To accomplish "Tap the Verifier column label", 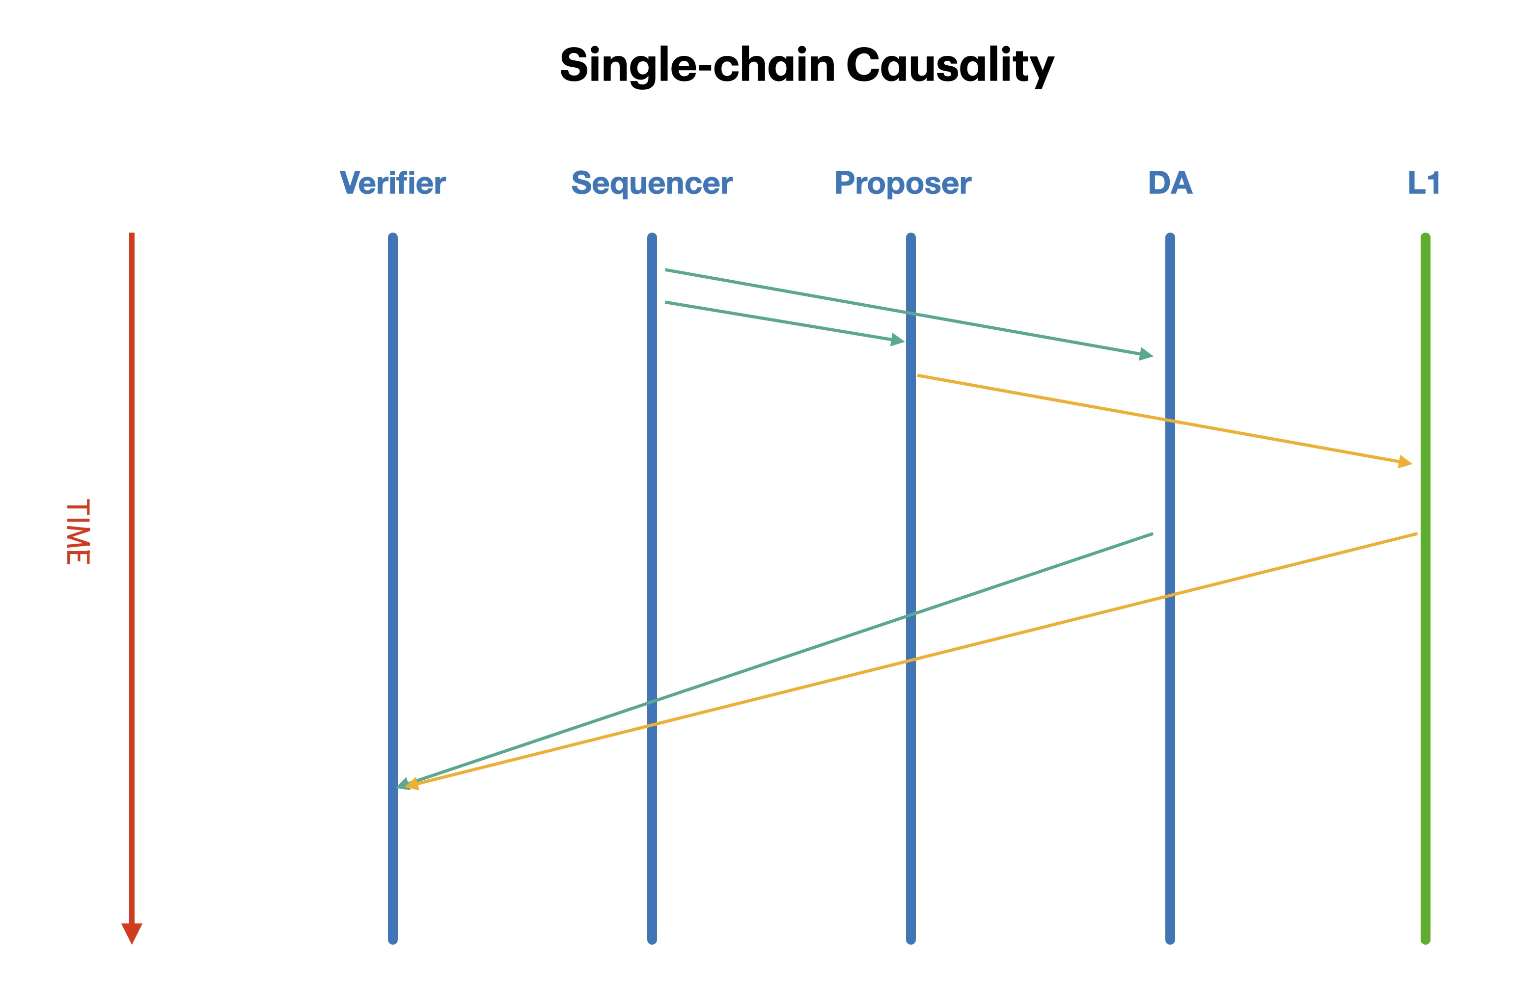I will [x=393, y=183].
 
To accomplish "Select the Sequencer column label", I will [x=652, y=183].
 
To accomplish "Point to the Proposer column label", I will [x=903, y=183].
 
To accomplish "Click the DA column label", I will [x=1170, y=183].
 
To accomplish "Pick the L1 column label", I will [x=1424, y=183].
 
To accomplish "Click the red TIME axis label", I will [x=78, y=531].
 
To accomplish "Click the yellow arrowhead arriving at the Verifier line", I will [x=412, y=785].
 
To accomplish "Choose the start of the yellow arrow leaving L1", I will [x=1416, y=534].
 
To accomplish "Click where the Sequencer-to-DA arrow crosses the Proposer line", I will [x=911, y=314].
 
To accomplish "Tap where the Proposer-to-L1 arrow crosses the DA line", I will [x=1170, y=421].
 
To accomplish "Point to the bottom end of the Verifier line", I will [x=393, y=940].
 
